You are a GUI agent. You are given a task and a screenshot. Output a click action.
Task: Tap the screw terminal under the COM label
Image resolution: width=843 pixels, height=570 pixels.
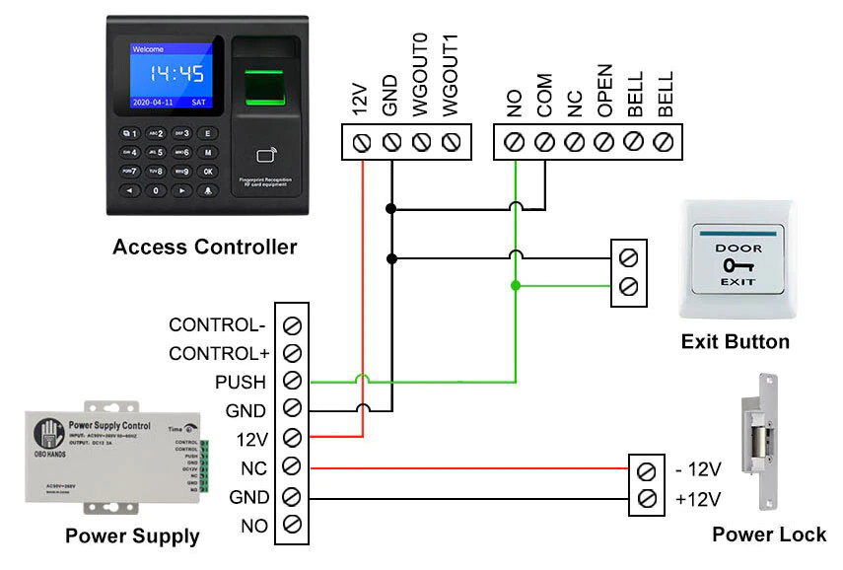(544, 142)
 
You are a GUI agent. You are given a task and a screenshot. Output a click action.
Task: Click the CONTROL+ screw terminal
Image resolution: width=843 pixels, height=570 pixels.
(292, 352)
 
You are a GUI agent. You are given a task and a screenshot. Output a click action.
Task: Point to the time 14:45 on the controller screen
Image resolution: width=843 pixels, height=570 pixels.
(176, 74)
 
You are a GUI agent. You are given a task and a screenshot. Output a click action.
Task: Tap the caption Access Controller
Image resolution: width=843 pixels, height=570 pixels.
(204, 247)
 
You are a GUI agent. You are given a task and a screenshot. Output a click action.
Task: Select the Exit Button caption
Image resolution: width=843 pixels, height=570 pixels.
(735, 342)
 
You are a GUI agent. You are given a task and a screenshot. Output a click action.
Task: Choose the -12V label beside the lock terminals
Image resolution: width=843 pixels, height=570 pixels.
(699, 468)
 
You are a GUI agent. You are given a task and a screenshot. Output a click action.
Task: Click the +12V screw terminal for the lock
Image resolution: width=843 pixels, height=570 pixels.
(646, 498)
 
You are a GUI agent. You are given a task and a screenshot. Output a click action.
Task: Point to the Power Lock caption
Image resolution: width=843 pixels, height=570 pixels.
(769, 534)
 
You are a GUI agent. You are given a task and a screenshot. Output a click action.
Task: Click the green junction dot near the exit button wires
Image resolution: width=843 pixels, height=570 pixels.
(515, 286)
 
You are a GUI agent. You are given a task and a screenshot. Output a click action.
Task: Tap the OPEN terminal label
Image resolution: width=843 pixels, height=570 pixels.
(605, 92)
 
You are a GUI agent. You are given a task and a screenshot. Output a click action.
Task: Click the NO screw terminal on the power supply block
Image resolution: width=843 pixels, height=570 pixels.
(292, 525)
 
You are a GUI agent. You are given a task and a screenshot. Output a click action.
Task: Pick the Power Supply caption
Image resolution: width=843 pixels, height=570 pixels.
(132, 536)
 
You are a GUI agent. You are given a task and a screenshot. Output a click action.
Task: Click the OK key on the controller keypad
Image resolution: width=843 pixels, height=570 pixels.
(208, 171)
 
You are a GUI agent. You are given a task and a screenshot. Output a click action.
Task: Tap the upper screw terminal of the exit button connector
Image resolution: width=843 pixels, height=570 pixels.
(629, 258)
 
